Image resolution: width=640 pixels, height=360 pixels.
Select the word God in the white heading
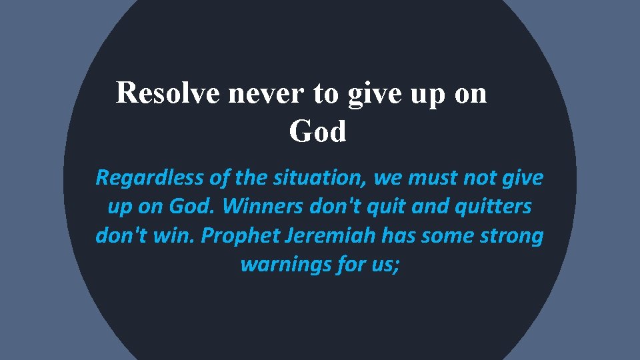click(318, 132)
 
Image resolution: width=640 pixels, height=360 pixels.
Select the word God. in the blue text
click(193, 207)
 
